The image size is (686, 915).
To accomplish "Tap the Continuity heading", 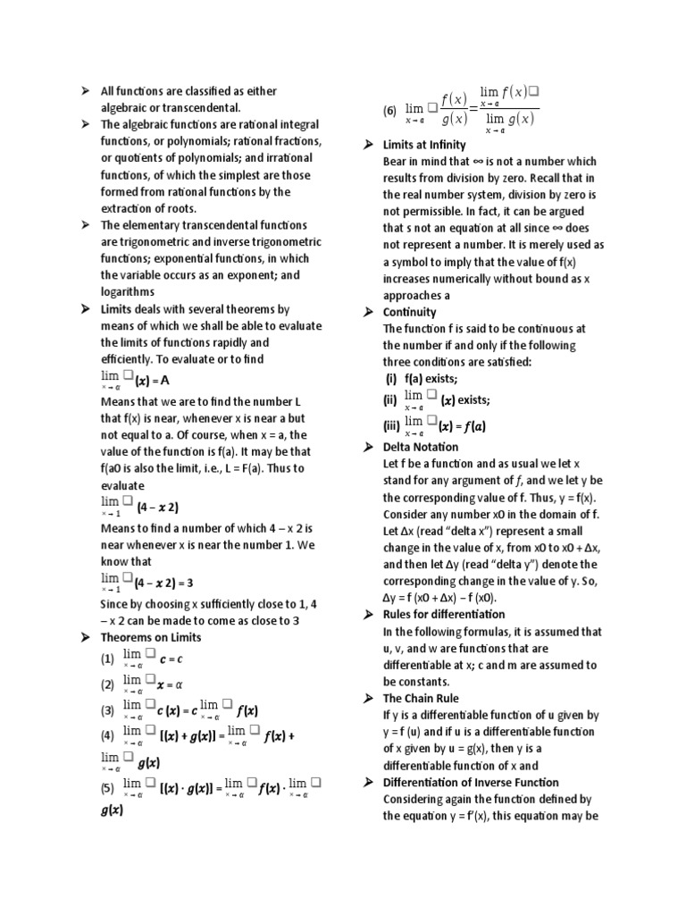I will (x=409, y=312).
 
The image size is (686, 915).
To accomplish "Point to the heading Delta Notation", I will (x=421, y=447).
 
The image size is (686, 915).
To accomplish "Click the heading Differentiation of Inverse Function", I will (x=471, y=783).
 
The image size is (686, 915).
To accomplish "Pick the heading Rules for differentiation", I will (x=444, y=614).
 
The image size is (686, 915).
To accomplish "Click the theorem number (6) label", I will (x=389, y=111).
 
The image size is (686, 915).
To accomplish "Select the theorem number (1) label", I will (x=107, y=659).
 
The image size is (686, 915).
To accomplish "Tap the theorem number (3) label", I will (x=107, y=711).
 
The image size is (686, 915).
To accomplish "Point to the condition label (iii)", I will (x=390, y=426).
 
